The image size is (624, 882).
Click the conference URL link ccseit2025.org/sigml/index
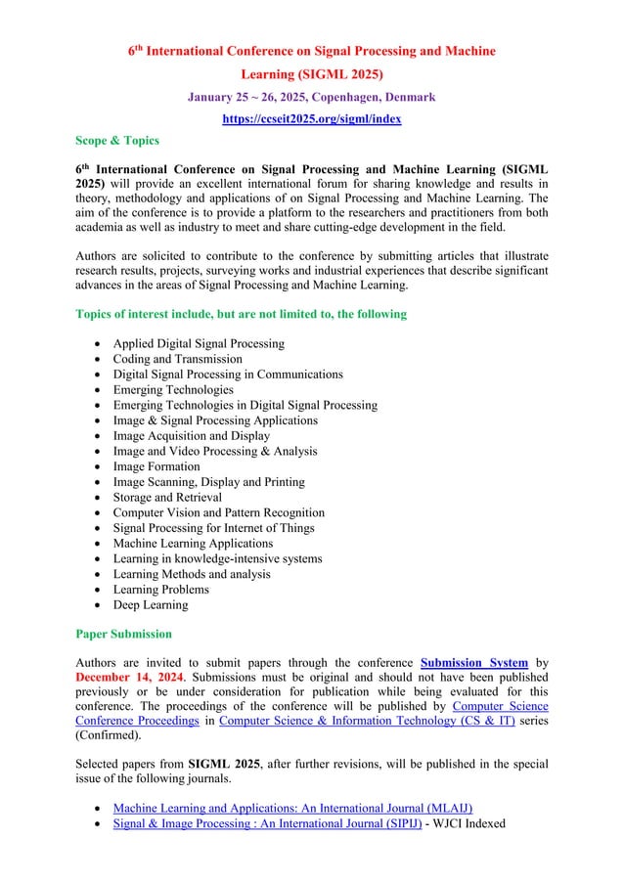[x=312, y=118]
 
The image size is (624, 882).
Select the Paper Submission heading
[x=123, y=633]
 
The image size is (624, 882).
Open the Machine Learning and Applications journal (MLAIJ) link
[x=292, y=808]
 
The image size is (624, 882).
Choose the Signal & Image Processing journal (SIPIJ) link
[x=267, y=823]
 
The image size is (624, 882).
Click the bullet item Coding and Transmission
[x=177, y=359]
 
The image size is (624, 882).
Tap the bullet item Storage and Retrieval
[x=167, y=497]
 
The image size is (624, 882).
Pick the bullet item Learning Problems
[x=161, y=590]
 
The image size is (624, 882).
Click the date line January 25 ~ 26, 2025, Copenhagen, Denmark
[x=312, y=98]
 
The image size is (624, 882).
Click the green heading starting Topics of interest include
[x=241, y=314]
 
